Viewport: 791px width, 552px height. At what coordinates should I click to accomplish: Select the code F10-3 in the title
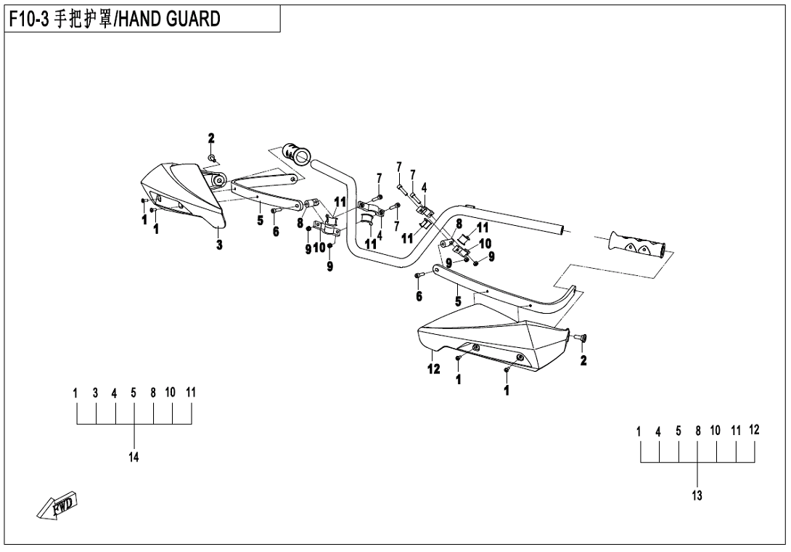click(x=30, y=20)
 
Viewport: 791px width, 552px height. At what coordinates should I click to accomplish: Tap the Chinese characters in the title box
click(x=83, y=20)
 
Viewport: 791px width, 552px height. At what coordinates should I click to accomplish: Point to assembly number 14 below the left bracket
click(x=134, y=457)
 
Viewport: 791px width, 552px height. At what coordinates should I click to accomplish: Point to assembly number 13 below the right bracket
click(x=697, y=496)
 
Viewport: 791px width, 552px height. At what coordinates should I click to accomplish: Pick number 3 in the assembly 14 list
click(x=95, y=392)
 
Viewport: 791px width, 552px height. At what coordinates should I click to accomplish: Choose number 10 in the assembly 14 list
click(x=171, y=392)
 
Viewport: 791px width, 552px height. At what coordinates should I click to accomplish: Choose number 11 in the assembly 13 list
click(x=736, y=431)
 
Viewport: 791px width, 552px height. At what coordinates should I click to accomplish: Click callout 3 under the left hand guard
click(x=218, y=245)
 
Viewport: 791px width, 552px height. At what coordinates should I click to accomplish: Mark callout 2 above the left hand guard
click(x=211, y=138)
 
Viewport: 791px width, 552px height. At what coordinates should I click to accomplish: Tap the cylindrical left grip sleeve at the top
click(x=297, y=153)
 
